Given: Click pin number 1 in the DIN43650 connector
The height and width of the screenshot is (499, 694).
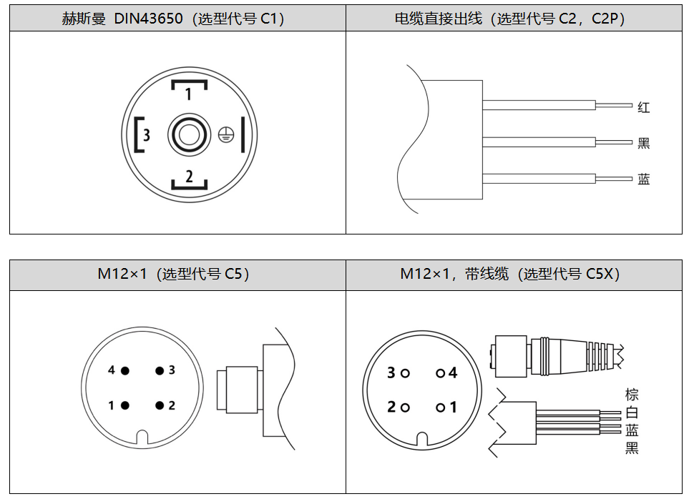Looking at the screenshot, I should pos(188,93).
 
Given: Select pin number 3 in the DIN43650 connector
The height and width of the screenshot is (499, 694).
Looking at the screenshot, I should pos(146,134).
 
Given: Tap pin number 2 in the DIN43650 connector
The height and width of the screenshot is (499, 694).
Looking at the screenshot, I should pos(189,176).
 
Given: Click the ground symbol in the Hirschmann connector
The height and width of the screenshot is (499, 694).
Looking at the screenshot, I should pos(225,135).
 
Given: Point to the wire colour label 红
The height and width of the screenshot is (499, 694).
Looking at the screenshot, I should pos(644,108).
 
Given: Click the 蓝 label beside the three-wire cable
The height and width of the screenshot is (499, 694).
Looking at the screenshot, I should pos(644,179).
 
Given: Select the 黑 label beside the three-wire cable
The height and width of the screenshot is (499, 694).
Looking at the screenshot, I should pos(644,143).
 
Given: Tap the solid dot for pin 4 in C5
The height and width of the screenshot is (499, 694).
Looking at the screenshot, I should pos(124,370).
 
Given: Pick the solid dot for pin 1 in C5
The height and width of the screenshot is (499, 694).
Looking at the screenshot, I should pos(124,405).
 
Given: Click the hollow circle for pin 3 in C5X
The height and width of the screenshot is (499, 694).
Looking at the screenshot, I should pos(405,372).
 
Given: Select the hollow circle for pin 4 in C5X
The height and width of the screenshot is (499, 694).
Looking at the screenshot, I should pos(439,372).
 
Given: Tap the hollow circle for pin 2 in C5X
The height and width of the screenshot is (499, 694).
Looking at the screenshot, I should pos(405,407).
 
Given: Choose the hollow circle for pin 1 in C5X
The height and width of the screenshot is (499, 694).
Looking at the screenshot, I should pos(439,407).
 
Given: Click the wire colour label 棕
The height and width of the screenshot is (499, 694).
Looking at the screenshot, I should pos(632,395).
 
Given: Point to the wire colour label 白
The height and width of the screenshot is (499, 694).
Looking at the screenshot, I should pos(632,412).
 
